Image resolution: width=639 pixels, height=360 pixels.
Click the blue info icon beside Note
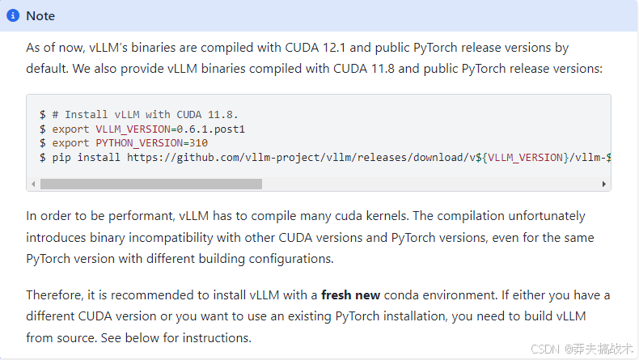point(13,15)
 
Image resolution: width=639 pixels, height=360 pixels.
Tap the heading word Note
point(40,15)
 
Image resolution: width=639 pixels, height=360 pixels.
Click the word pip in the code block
point(61,157)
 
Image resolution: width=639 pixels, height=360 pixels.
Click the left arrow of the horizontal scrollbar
point(33,184)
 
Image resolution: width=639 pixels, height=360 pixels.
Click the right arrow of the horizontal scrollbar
point(603,184)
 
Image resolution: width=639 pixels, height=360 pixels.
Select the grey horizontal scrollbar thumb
point(150,184)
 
